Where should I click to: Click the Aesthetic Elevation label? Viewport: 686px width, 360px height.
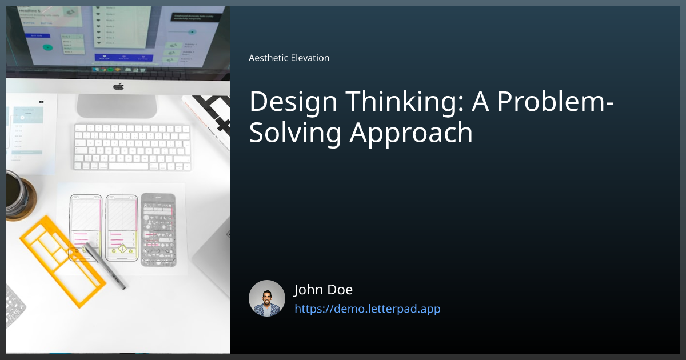coord(289,58)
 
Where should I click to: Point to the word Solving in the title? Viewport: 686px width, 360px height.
coord(296,133)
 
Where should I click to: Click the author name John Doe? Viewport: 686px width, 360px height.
coord(323,290)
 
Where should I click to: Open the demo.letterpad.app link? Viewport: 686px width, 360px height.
coord(367,309)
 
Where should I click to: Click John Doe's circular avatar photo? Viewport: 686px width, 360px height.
coord(267,298)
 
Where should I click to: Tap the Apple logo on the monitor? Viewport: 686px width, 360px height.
coord(118,86)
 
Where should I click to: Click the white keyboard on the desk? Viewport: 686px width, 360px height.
coord(132,147)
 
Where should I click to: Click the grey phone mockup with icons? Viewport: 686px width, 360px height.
coord(158,229)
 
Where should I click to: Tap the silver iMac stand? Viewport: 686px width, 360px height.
coord(117,106)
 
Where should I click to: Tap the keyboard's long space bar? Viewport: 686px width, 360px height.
coord(133,166)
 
